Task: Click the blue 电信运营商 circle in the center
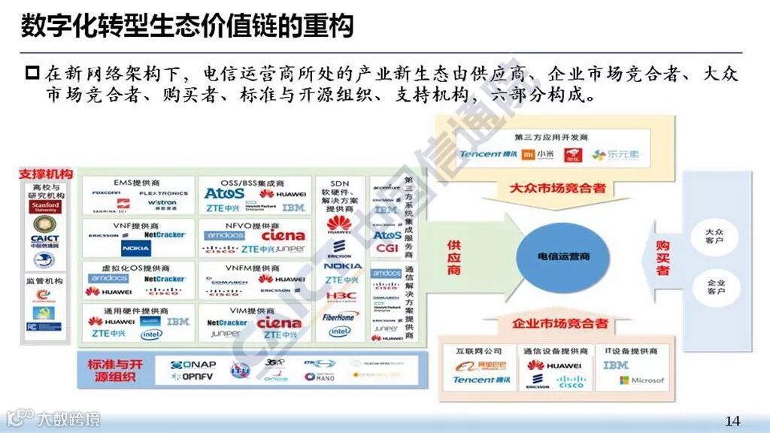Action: click(x=563, y=257)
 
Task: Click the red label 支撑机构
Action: click(x=46, y=174)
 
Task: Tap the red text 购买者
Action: click(x=662, y=257)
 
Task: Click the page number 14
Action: click(x=732, y=419)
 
